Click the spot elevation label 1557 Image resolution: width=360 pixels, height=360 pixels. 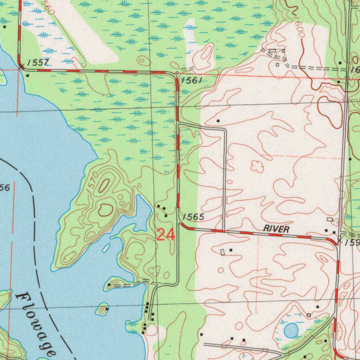(x=39, y=63)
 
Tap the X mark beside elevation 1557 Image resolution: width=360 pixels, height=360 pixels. (x=21, y=66)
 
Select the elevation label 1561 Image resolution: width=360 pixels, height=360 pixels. (x=192, y=81)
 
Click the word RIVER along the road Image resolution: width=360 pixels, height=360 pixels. (x=276, y=229)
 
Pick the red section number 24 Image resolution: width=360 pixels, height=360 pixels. (x=166, y=235)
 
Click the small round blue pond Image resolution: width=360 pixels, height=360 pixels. (x=291, y=330)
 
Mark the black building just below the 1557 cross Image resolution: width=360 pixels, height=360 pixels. (x=27, y=75)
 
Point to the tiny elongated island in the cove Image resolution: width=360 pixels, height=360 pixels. (x=106, y=248)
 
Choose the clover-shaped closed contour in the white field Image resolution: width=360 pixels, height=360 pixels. (x=257, y=166)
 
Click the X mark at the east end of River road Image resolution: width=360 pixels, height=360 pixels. (x=339, y=241)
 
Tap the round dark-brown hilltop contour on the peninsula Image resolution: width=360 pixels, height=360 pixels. (x=105, y=210)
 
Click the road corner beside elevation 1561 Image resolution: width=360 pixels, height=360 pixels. (x=175, y=75)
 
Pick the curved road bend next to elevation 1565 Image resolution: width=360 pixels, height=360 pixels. (x=182, y=225)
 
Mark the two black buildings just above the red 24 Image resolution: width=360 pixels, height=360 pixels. (x=162, y=208)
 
